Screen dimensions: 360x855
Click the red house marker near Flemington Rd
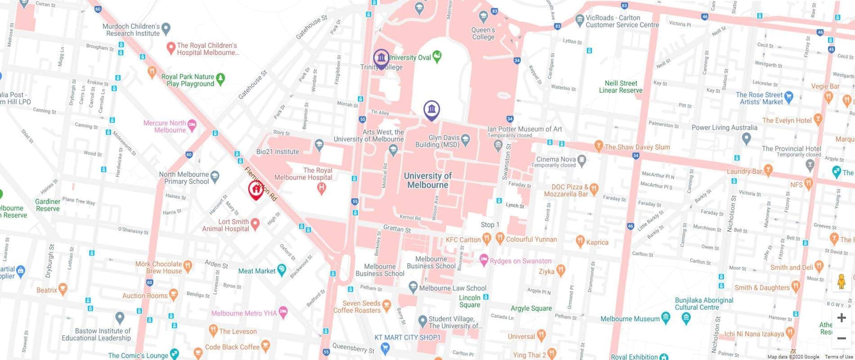coord(256,189)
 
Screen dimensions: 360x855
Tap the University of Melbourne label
coord(427,180)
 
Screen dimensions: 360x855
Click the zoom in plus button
coord(841,318)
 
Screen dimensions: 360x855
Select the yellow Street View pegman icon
coord(841,282)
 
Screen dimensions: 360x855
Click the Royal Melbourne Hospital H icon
coord(321,188)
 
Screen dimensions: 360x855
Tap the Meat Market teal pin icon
coord(282,270)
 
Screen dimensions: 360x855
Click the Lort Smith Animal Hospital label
coord(226,225)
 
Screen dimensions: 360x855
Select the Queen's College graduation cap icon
coord(484,17)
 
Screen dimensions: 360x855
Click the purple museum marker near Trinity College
coord(381,58)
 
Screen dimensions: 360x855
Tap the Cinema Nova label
coord(556,159)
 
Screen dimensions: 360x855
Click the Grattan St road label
coord(397,229)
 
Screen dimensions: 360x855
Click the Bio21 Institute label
coord(278,152)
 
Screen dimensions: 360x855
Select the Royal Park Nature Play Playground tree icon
coord(220,79)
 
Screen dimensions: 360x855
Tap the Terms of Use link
coord(838,357)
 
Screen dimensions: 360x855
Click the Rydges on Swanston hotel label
coord(520,261)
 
